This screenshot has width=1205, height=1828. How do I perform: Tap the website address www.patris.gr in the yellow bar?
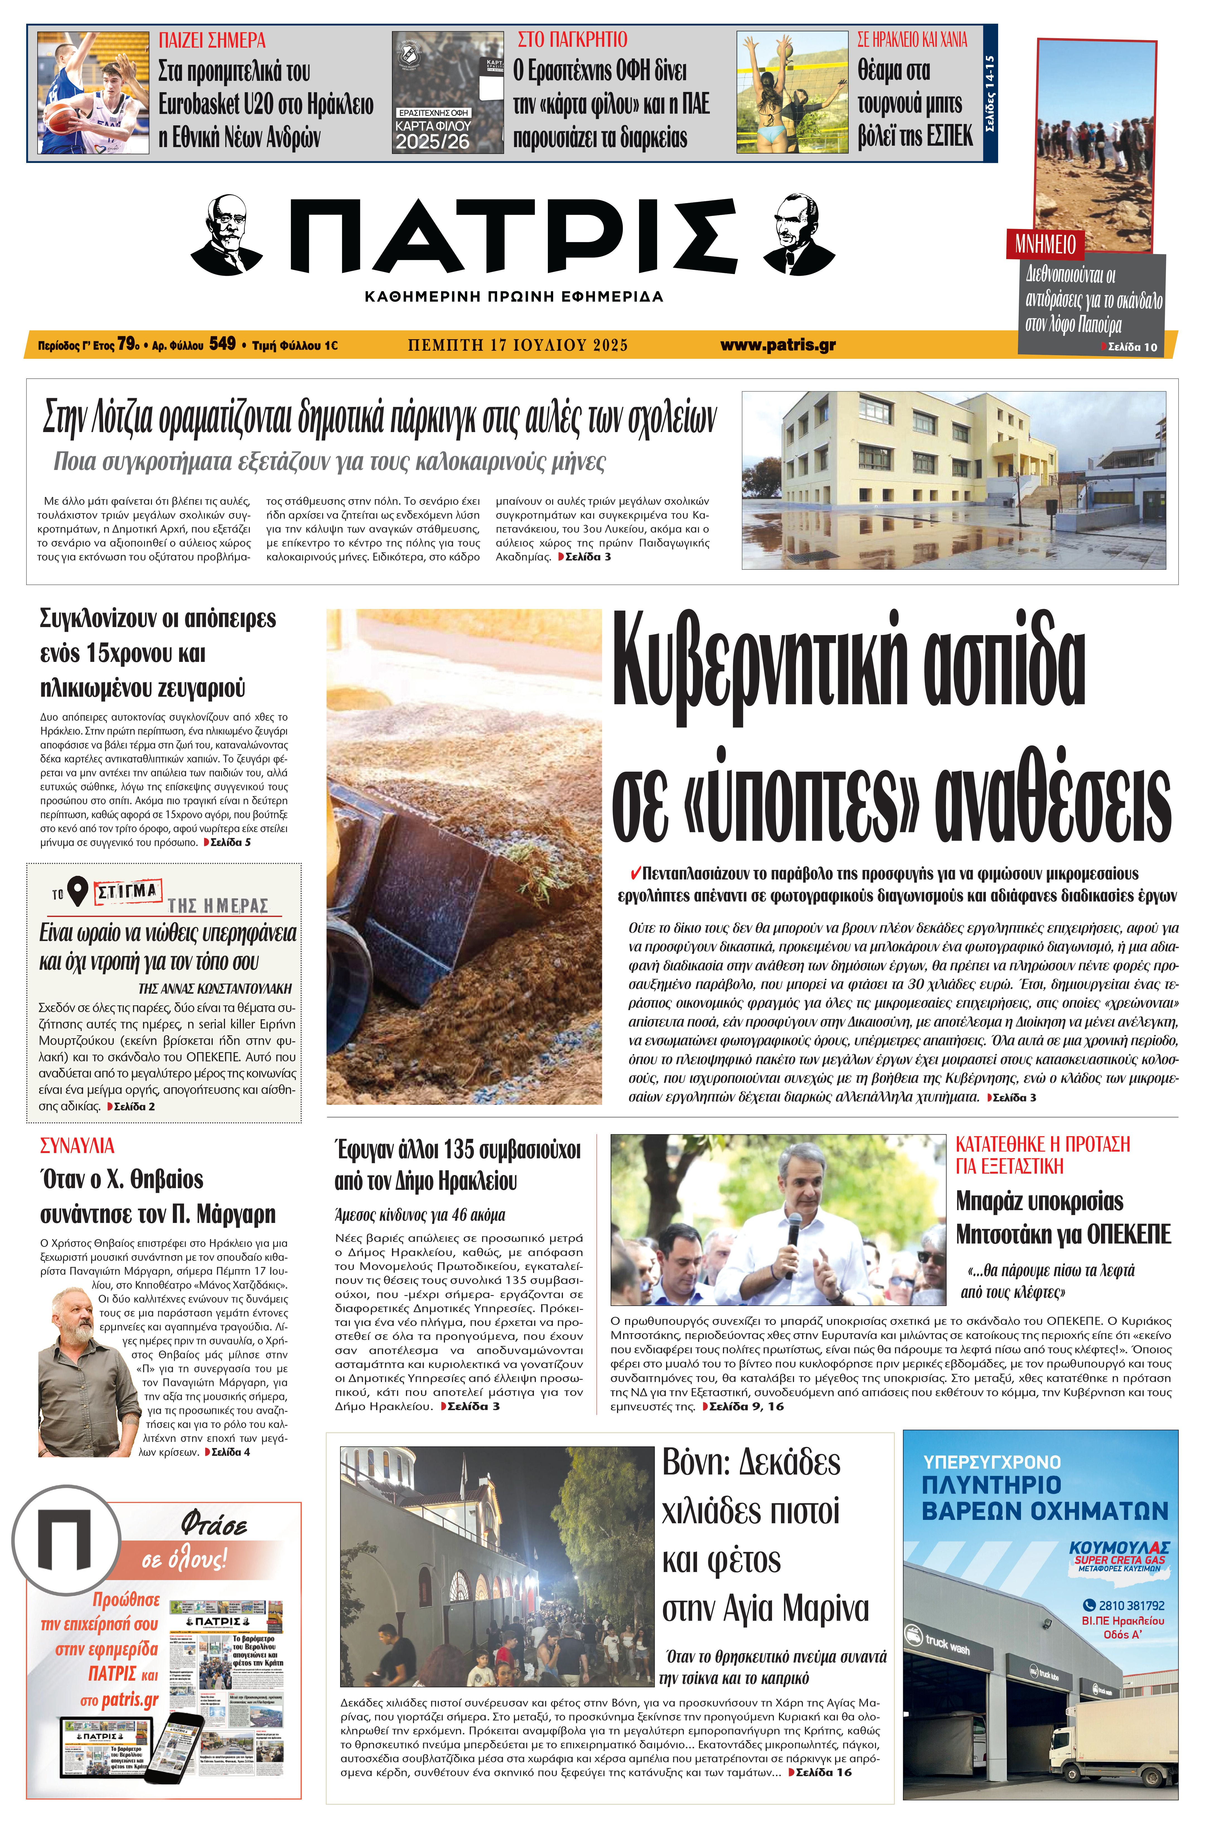click(x=778, y=346)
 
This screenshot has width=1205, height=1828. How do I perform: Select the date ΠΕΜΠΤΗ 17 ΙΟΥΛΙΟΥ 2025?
click(x=517, y=346)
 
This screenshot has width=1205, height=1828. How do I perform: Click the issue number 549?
click(x=222, y=344)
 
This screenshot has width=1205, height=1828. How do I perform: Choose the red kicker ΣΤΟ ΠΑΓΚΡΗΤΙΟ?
click(x=572, y=40)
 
